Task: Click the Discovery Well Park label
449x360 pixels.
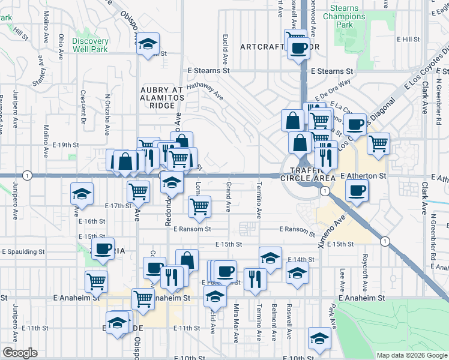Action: (90, 45)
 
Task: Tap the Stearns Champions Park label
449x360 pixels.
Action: (343, 17)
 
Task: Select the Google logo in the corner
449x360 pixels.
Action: (20, 353)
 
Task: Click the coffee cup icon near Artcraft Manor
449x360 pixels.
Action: (298, 47)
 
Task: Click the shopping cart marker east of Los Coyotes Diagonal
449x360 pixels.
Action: (378, 143)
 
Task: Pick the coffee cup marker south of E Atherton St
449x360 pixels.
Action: (357, 190)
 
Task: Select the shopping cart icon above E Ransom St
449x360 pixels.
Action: (199, 206)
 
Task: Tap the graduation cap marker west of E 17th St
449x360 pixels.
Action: (82, 194)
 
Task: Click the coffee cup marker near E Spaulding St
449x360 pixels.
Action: (103, 248)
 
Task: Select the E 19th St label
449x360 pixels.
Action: (65, 145)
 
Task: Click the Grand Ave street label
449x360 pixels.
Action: (228, 197)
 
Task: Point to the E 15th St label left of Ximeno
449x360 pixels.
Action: (229, 244)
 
